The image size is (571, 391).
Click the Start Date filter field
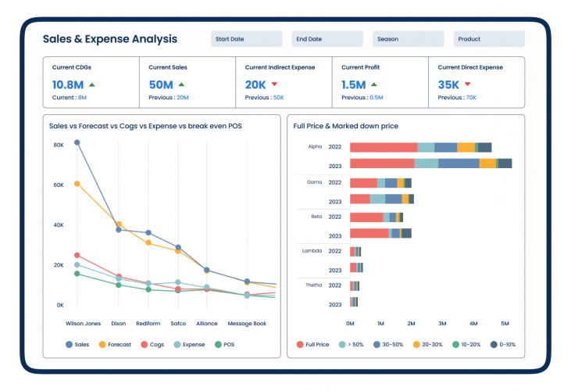[246, 39]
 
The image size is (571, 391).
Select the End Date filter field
[327, 39]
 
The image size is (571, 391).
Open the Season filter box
[408, 39]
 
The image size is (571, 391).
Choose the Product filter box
[489, 39]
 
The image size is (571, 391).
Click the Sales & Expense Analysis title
[109, 39]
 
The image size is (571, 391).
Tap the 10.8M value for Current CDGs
[68, 84]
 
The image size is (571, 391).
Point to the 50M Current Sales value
[161, 84]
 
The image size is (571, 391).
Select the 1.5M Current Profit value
[353, 84]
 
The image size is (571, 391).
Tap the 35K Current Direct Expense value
[448, 84]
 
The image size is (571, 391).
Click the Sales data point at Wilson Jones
[77, 142]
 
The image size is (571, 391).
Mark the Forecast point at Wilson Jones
[77, 184]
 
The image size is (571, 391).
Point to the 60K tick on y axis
[59, 185]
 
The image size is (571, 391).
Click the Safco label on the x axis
[178, 323]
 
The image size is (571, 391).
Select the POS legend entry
[223, 344]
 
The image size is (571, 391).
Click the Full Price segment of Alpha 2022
[383, 147]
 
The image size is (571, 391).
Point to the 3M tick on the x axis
[442, 323]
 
